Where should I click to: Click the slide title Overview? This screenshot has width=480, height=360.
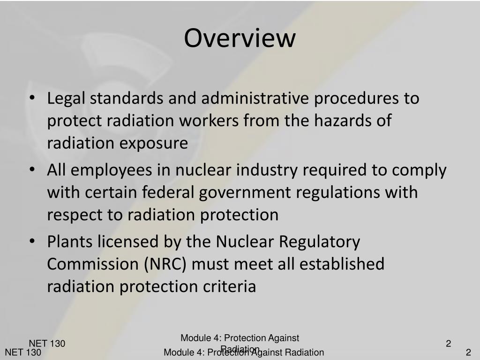240,38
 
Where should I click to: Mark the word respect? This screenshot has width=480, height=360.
76,215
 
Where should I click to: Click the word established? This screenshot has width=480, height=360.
342,264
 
